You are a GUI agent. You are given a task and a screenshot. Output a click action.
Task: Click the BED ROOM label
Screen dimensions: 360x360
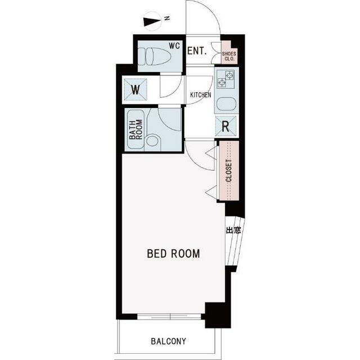tap(173, 254)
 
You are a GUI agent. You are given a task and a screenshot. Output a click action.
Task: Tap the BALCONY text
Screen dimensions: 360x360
tap(169, 341)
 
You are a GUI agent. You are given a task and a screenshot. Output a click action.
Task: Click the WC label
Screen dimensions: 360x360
tap(174, 46)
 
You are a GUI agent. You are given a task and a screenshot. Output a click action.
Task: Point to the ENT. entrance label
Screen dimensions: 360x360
tap(197, 51)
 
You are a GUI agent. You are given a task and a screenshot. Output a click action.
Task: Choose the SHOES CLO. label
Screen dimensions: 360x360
tap(229, 56)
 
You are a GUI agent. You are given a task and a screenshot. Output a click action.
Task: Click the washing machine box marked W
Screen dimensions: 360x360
tap(136, 89)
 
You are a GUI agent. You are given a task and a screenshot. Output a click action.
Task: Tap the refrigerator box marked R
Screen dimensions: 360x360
tap(226, 126)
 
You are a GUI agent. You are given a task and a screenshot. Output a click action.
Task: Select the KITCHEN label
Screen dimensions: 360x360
tap(201, 95)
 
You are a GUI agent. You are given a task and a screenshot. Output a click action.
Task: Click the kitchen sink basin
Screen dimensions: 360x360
tap(226, 104)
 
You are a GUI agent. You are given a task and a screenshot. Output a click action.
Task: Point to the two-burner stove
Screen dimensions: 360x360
tap(226, 79)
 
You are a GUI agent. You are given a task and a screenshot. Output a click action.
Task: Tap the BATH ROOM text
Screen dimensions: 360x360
tap(136, 129)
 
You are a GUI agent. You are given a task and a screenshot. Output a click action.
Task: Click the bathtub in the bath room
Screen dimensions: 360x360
tap(136, 129)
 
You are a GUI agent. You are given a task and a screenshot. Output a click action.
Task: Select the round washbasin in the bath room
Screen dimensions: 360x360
tap(152, 141)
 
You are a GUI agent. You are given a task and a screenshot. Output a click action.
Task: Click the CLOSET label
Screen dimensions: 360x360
tap(229, 170)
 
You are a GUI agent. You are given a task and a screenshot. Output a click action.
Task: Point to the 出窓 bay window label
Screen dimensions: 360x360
tap(233, 230)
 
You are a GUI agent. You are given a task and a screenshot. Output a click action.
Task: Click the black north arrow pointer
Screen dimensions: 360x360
tap(151, 21)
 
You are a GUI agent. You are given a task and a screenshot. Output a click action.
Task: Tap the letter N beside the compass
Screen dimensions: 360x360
tap(168, 18)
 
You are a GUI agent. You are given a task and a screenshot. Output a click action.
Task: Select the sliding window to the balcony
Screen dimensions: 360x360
tap(169, 317)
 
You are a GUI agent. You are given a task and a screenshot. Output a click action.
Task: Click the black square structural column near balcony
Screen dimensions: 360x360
tap(218, 315)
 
